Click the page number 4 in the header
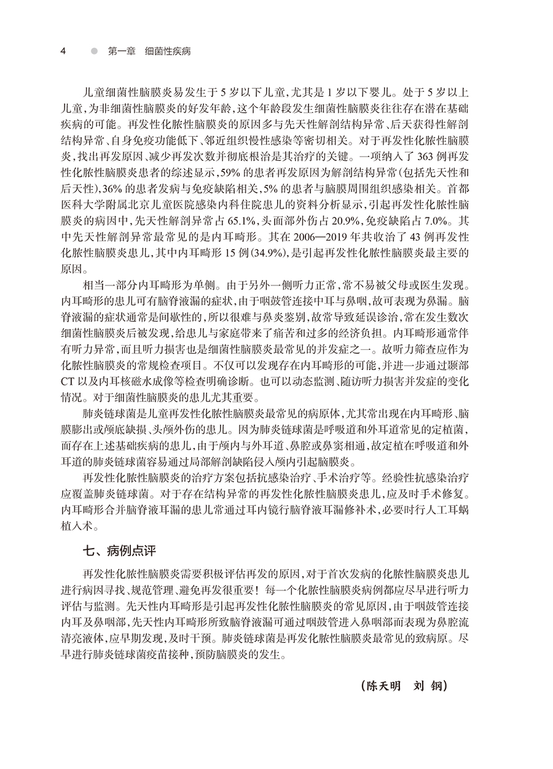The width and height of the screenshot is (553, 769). pyautogui.click(x=63, y=51)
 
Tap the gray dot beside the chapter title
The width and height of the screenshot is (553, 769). pyautogui.click(x=93, y=51)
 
